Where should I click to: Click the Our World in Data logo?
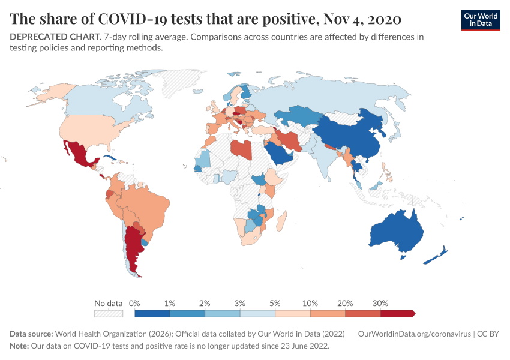pyautogui.click(x=480, y=20)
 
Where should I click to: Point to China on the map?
pyautogui.click(x=354, y=135)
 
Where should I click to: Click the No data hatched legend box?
pyautogui.click(x=109, y=313)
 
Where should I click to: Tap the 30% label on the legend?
pyautogui.click(x=380, y=303)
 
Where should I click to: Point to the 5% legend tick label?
pyautogui.click(x=275, y=303)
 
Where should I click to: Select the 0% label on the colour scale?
pyautogui.click(x=135, y=303)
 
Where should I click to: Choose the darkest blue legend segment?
pyautogui.click(x=152, y=313)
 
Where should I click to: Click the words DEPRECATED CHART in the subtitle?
pyautogui.click(x=54, y=37)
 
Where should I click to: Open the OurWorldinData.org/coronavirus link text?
pyautogui.click(x=413, y=334)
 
